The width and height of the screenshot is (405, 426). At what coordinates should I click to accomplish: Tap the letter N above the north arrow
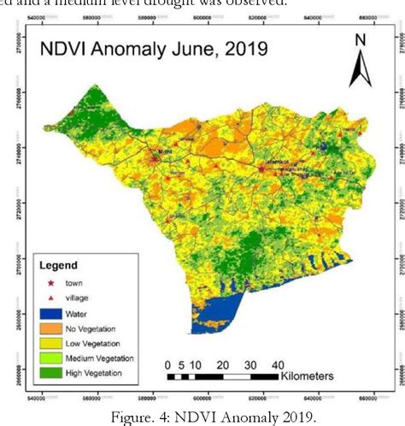point(360,40)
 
